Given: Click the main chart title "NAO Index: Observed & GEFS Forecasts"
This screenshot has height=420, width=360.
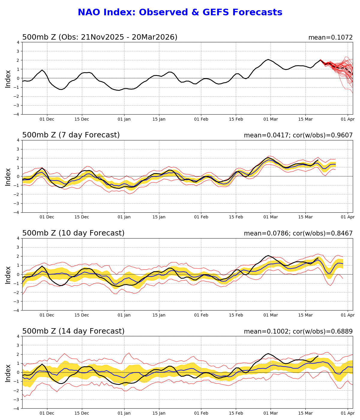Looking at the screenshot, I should pyautogui.click(x=180, y=13).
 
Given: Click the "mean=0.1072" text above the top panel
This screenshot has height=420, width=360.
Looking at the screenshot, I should pyautogui.click(x=330, y=37).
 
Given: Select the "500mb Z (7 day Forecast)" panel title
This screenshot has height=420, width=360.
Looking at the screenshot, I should pyautogui.click(x=71, y=135).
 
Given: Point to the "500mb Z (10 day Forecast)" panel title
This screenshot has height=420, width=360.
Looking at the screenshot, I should pyautogui.click(x=73, y=233).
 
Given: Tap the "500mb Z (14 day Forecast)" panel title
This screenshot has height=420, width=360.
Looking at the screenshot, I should pyautogui.click(x=73, y=331).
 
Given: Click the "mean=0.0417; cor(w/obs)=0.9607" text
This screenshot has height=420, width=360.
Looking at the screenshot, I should pyautogui.click(x=298, y=136).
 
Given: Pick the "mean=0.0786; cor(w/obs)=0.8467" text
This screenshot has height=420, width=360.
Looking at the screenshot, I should pyautogui.click(x=298, y=234).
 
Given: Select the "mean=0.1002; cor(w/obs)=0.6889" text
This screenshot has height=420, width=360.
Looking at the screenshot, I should pyautogui.click(x=298, y=332).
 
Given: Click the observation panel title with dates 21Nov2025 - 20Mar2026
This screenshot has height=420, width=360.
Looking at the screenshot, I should pyautogui.click(x=100, y=37).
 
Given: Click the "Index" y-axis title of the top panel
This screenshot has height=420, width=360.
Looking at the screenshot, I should pyautogui.click(x=8, y=79).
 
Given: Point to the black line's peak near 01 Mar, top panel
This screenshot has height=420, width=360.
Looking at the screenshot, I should pyautogui.click(x=268, y=59).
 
